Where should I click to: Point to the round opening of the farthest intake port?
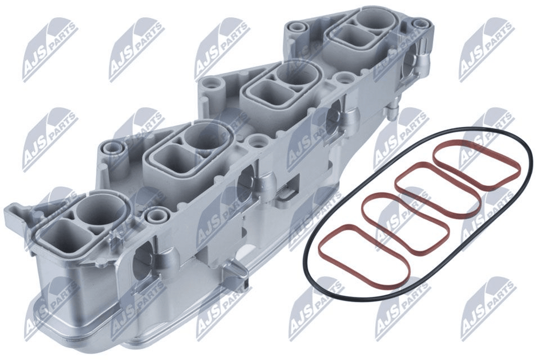point(372,19)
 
